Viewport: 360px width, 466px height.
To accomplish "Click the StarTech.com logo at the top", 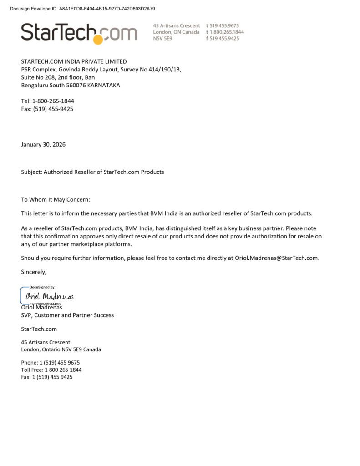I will pos(79,33).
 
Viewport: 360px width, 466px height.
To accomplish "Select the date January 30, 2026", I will pos(43,145).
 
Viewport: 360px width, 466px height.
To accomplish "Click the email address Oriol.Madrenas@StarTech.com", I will pos(276,258).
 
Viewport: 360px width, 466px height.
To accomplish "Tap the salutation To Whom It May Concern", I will pos(56,199).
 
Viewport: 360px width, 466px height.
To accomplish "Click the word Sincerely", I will pos(34,272).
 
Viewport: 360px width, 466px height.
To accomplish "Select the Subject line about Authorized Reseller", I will pos(92,172).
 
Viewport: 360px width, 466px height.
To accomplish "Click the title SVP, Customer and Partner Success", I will pos(67,315).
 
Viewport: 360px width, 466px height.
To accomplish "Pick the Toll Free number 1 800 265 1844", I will pos(51,370).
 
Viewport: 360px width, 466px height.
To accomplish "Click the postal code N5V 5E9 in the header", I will pos(162,39).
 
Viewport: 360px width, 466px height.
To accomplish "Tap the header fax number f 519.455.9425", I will pos(223,39).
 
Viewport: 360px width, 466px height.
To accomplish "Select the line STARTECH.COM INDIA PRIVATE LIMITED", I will pos(74,61).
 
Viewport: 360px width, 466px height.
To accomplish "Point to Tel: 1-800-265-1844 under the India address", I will pos(47,101).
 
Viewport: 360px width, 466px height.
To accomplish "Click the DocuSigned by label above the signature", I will pos(42,287).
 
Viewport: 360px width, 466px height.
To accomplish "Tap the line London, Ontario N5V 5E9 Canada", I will pos(61,349).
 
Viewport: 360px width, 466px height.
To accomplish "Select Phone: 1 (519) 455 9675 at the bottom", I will pos(51,363).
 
